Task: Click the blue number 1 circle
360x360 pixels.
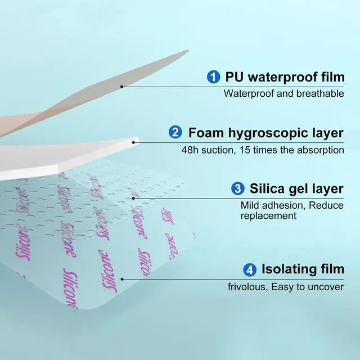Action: [x=214, y=76]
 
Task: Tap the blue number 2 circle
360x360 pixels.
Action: [x=175, y=132]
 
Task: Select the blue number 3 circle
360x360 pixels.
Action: [x=238, y=188]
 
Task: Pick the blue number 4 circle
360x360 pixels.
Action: [x=250, y=269]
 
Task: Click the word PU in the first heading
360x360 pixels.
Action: [x=234, y=76]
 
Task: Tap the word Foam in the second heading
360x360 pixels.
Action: [x=206, y=133]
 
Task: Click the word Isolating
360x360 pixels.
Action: [x=289, y=269]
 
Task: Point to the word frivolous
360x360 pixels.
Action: [x=247, y=287]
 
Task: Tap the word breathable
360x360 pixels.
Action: [x=320, y=94]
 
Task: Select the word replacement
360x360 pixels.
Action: [x=268, y=216]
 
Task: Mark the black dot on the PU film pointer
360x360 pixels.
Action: [x=121, y=87]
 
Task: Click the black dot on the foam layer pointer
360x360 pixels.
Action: [x=133, y=142]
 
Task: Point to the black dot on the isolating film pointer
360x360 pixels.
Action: [x=122, y=279]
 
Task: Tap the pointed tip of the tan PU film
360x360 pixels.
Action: [x=188, y=50]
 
